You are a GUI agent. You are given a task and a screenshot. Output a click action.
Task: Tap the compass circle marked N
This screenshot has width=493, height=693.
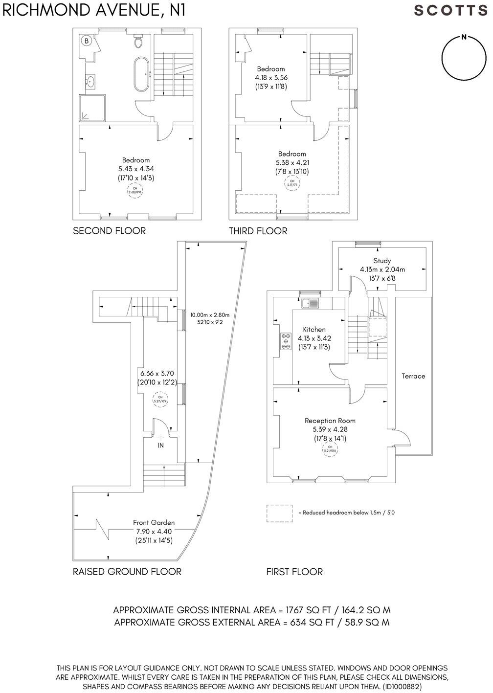pyautogui.click(x=463, y=58)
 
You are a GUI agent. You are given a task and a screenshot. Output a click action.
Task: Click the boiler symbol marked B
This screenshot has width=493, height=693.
pyautogui.click(x=87, y=41)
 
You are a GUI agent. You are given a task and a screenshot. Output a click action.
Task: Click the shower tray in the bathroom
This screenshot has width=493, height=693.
pyautogui.click(x=90, y=108)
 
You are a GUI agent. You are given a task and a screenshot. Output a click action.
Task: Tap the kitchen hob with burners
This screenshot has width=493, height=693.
pyautogui.click(x=285, y=341)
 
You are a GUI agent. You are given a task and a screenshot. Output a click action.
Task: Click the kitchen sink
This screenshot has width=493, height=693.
pyautogui.click(x=310, y=303)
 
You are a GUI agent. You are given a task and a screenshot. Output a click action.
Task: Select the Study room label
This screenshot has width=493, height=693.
pyautogui.click(x=382, y=261)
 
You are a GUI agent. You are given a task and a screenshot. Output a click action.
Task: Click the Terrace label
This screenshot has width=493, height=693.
pyautogui.click(x=413, y=376)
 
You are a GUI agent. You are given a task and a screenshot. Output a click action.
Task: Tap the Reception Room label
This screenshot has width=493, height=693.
pyautogui.click(x=330, y=421)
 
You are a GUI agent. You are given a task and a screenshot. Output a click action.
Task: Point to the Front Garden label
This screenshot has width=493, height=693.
pyautogui.click(x=154, y=522)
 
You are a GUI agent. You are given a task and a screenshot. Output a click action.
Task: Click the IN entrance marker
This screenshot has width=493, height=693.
pyautogui.click(x=160, y=446)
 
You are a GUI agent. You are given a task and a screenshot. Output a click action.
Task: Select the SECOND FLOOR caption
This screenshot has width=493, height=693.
pyautogui.click(x=109, y=231)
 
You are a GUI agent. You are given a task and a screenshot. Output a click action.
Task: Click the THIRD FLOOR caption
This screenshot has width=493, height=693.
pyautogui.click(x=258, y=231)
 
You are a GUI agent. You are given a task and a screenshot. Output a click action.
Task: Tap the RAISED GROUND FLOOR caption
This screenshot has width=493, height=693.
pyautogui.click(x=127, y=572)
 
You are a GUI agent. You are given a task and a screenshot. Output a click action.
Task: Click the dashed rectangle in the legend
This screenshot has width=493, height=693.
pyautogui.click(x=279, y=513)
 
